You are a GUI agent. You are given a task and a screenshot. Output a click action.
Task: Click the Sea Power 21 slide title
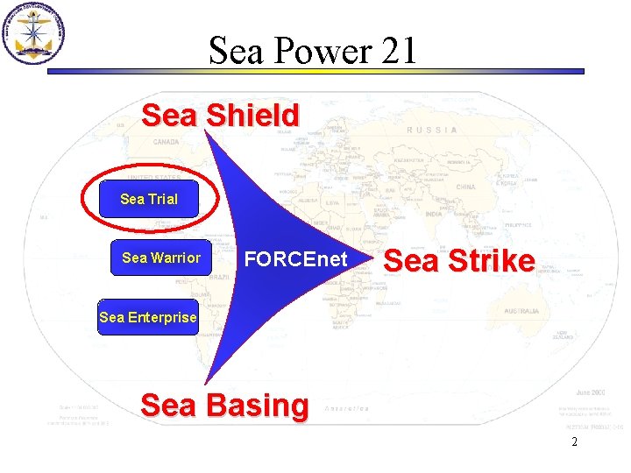coord(313,52)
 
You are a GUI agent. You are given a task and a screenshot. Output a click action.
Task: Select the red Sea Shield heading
coord(220,115)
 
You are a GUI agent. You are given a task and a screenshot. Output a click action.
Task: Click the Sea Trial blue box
coord(149,199)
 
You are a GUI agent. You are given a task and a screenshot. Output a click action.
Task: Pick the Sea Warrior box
coord(161,258)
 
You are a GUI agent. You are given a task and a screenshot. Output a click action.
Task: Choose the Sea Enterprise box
coord(148,317)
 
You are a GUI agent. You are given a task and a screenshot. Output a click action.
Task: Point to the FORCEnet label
coord(295,259)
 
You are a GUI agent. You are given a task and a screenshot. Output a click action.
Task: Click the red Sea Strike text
coord(459,260)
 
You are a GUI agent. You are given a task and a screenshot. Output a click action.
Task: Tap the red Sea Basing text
coord(224,406)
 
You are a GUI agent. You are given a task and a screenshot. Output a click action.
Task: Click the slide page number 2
coord(574,442)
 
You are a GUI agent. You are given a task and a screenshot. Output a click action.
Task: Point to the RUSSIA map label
coord(431,130)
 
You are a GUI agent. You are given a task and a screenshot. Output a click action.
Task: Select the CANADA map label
coord(166,141)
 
